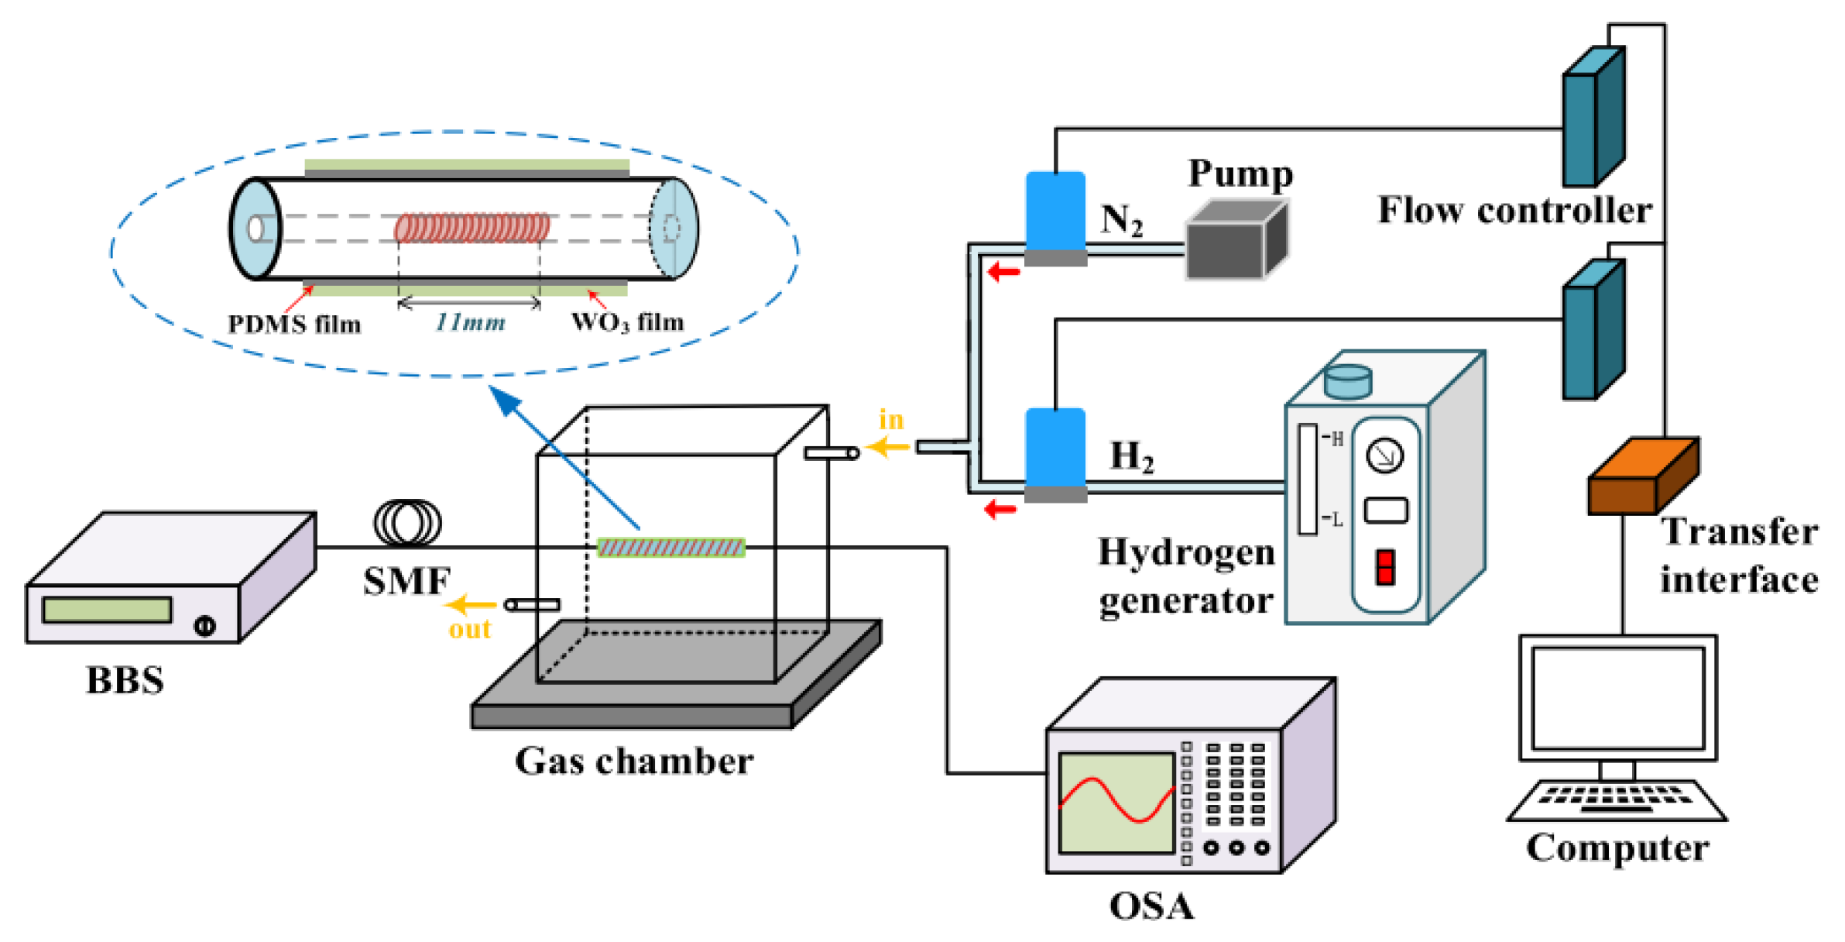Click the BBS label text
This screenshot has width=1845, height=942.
coord(125,680)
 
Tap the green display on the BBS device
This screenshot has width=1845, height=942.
coord(107,610)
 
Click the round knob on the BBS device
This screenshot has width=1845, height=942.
coord(204,625)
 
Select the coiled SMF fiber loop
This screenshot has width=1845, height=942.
coord(407,523)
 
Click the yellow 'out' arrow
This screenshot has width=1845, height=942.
coord(471,604)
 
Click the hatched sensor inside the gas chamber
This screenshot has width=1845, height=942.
coord(670,548)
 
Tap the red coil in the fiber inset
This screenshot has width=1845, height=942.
coord(472,228)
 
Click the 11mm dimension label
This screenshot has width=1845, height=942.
coord(470,322)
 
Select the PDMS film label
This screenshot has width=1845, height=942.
coord(294,324)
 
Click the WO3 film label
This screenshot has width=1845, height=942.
coord(627,322)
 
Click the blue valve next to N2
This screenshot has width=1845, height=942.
coord(1055,212)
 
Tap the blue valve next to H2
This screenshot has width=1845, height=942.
coord(1055,449)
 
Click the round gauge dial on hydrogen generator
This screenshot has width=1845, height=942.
coord(1384,456)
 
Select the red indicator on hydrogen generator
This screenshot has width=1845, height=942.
coord(1385,567)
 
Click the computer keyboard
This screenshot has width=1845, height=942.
coord(1616,799)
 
